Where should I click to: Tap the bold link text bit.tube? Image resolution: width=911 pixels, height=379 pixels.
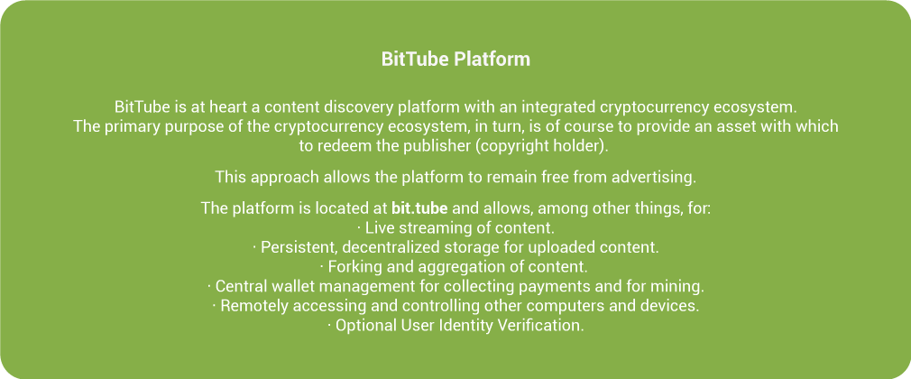click(419, 208)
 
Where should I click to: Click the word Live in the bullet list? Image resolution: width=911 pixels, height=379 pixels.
click(377, 227)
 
